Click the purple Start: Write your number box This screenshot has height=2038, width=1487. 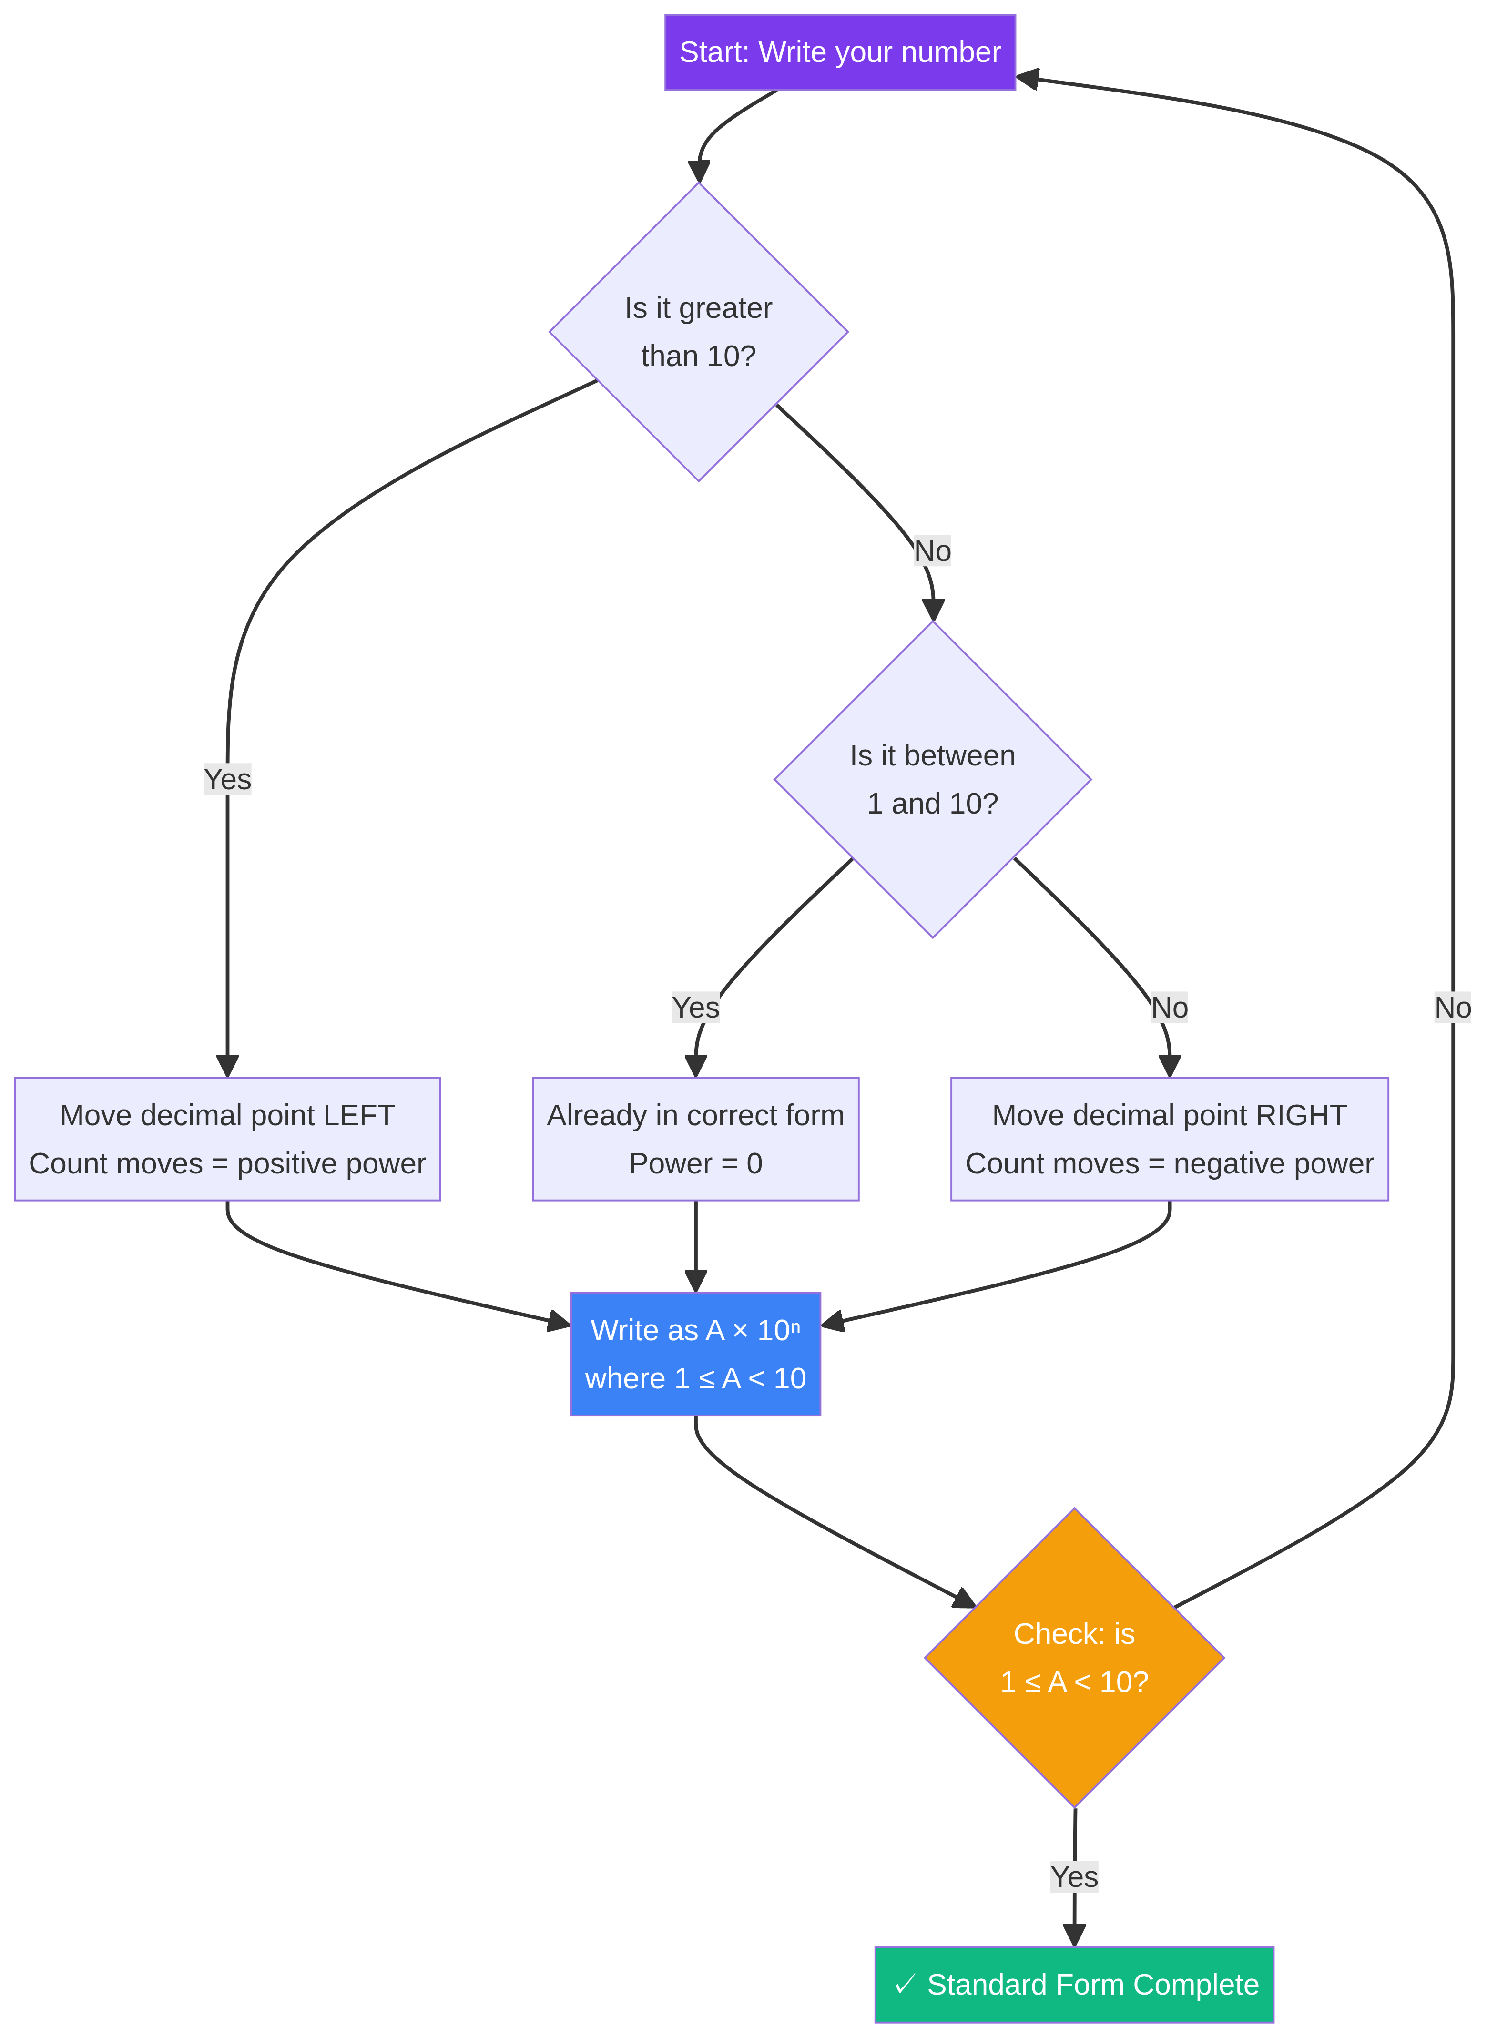pos(840,52)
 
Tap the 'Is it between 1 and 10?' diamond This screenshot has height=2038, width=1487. pos(933,780)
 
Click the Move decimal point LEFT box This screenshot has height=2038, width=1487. pos(227,1139)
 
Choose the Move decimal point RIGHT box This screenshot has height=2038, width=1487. pos(1169,1139)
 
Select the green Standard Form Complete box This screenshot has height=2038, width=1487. pos(1074,1985)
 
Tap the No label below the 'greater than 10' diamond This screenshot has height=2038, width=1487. pos(933,551)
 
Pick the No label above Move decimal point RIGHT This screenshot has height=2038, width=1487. pos(1169,1007)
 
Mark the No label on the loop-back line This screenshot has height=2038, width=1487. pos(1452,1007)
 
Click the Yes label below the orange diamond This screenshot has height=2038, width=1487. pos(1074,1877)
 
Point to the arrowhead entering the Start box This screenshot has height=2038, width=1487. pos(1027,78)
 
